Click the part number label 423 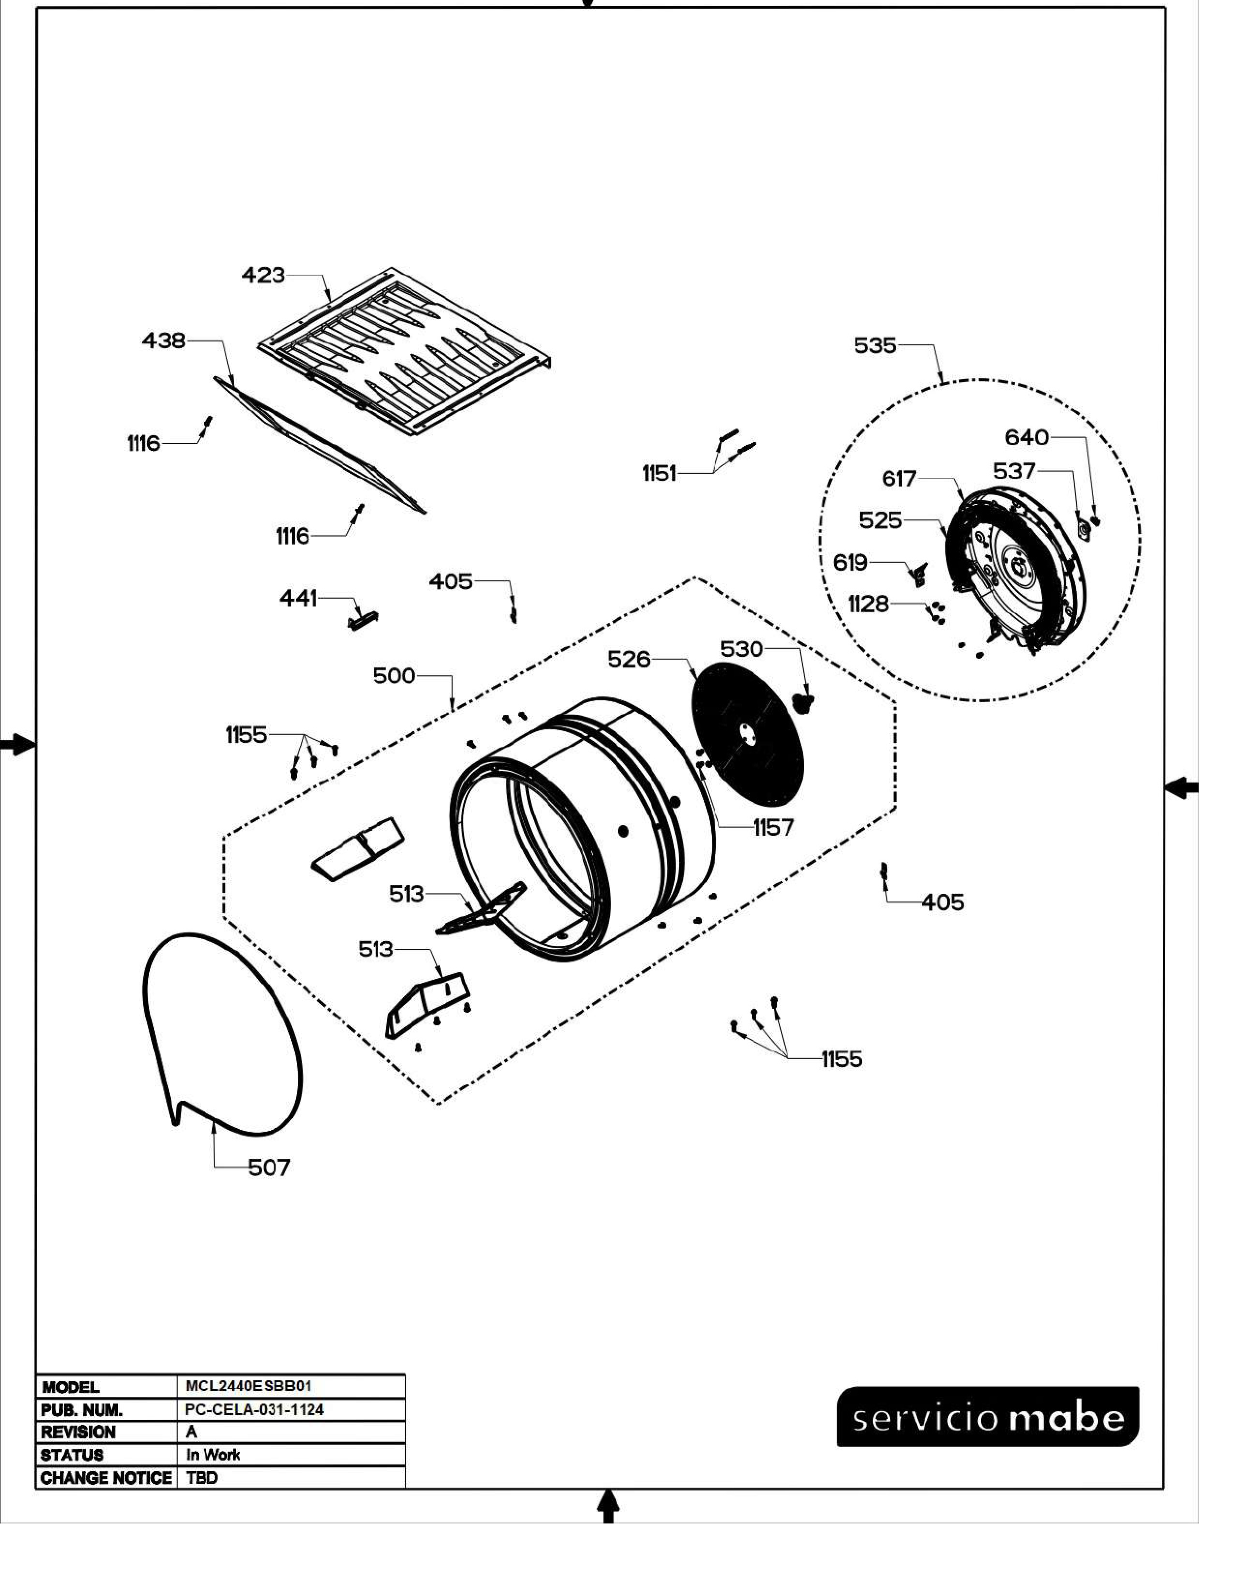[263, 276]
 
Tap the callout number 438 [163, 340]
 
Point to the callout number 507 [269, 1168]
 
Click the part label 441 [298, 599]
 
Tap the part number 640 [1026, 437]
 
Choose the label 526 [629, 659]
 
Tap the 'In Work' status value [213, 1454]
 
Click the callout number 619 [850, 562]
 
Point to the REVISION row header [78, 1432]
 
